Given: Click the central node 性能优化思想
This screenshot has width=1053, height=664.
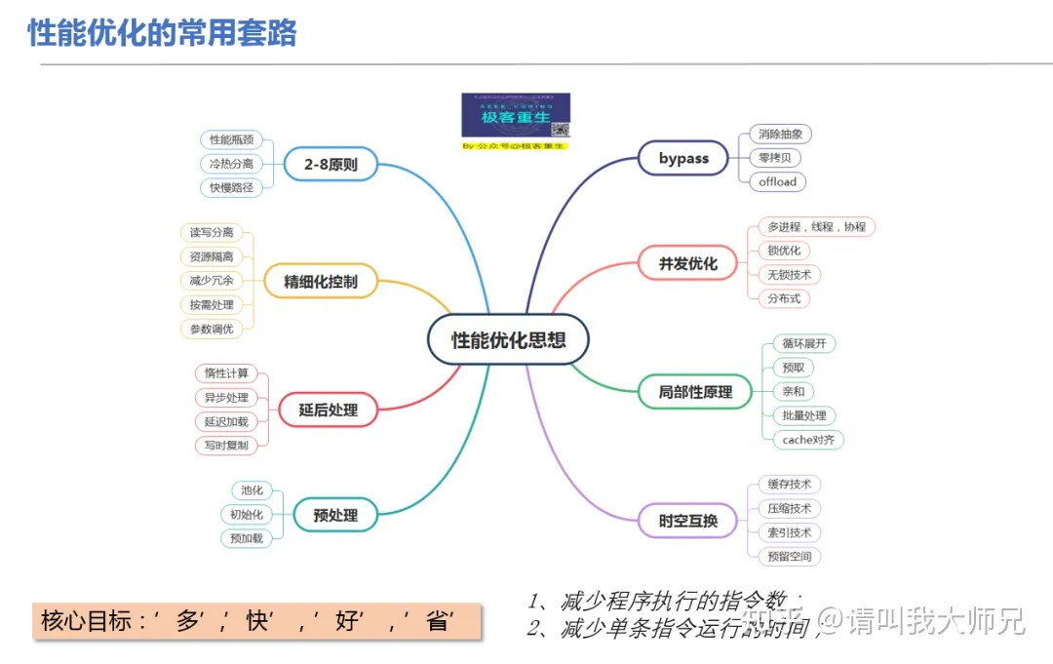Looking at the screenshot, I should pos(508,340).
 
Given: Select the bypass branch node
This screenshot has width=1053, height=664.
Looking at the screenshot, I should pos(683,158).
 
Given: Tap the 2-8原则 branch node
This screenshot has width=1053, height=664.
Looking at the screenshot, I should pos(331,165).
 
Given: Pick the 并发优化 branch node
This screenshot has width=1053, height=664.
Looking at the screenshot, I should pos(687,263).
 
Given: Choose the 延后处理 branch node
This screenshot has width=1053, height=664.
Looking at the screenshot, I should pos(328,410).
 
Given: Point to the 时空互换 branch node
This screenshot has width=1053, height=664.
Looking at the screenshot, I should pos(687,521).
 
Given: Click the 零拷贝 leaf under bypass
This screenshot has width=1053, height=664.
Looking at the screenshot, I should pos(776,158).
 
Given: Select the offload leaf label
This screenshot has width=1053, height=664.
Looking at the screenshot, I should pos(777,181).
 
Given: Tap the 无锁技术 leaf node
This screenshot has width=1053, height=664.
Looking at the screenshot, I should pos(789,275).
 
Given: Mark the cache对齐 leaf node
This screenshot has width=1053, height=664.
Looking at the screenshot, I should pos(808,440).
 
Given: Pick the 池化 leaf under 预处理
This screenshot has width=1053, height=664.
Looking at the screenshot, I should pos(252,490).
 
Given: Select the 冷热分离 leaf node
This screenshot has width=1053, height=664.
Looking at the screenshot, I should pos(231,164).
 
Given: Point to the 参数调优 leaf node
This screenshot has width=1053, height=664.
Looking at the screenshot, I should pos(212,329).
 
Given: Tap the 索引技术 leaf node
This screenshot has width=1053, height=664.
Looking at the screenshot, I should pos(789,532).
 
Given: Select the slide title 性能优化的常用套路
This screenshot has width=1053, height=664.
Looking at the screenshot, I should pos(162,33).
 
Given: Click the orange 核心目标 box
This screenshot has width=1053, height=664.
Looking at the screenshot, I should pos(257,621).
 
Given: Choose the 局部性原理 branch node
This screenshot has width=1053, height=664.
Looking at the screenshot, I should pos(694,392).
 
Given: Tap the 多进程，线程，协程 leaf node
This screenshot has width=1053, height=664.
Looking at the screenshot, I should pos(816,226).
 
